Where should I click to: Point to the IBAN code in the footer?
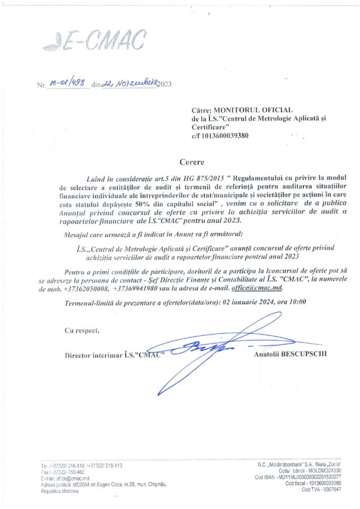tap(303, 477)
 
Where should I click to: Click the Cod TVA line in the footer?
tap(321, 489)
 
